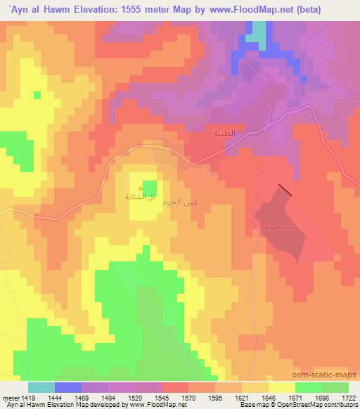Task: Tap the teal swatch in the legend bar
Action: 41,387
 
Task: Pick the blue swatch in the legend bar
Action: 68,387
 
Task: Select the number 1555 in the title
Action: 145,8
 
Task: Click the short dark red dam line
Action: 285,189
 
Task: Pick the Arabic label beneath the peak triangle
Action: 141,198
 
